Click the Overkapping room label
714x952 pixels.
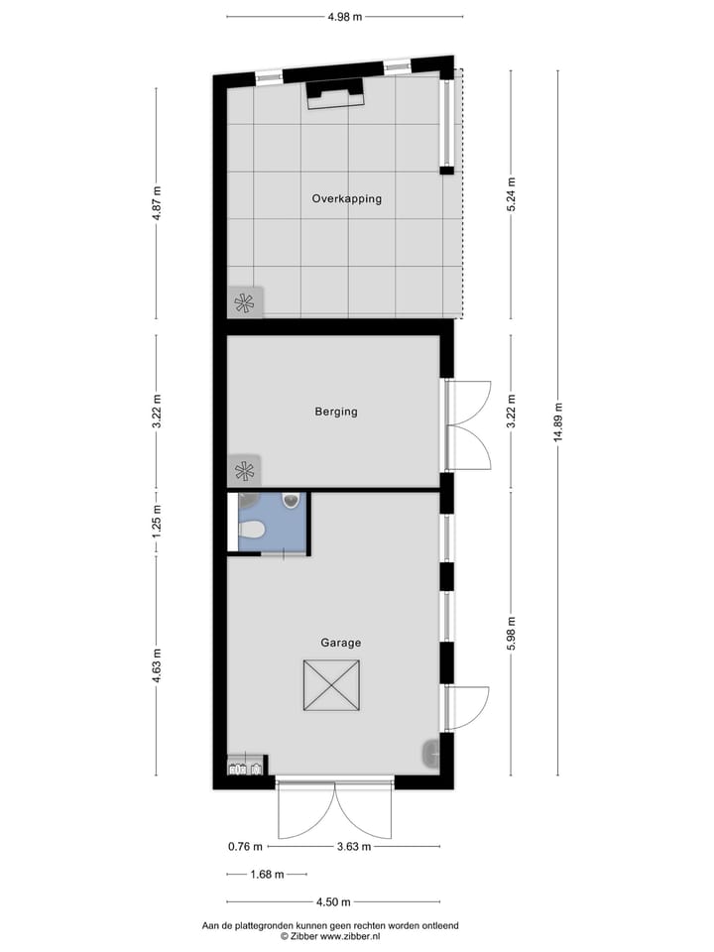click(x=346, y=198)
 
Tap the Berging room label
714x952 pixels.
click(x=335, y=412)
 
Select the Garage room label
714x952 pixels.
click(x=340, y=643)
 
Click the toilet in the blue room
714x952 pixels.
click(x=252, y=531)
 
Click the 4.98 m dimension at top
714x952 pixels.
click(x=344, y=16)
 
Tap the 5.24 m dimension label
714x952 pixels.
click(x=512, y=194)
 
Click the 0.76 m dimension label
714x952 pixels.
click(x=244, y=847)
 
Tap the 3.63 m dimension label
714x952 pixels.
click(x=353, y=847)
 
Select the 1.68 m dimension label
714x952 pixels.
click(x=265, y=875)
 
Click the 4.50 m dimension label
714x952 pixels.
click(x=333, y=902)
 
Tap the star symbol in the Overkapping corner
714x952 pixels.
click(x=245, y=303)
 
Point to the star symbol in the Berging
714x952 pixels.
click(x=244, y=469)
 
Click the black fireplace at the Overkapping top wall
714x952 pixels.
click(x=334, y=93)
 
